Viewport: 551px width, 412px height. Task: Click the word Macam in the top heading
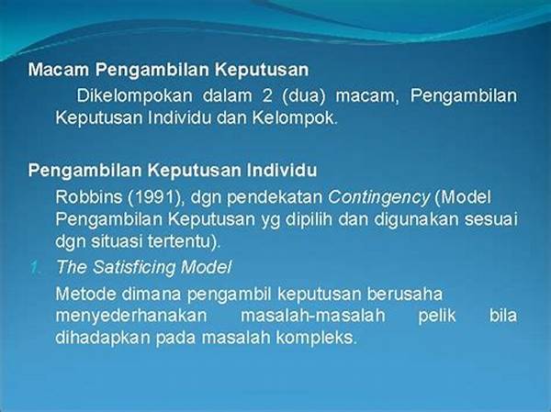click(x=59, y=70)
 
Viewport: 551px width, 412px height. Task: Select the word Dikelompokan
click(x=135, y=95)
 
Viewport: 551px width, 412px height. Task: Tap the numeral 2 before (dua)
click(x=267, y=95)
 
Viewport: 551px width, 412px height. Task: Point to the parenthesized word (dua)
click(x=304, y=95)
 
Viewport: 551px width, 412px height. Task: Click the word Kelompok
click(x=295, y=118)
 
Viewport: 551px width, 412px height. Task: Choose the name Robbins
click(x=88, y=197)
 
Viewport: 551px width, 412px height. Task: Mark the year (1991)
click(x=156, y=197)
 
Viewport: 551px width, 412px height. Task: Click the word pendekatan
click(x=275, y=197)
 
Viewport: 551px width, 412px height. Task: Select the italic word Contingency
click(x=378, y=198)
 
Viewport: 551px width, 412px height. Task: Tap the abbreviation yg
click(x=270, y=220)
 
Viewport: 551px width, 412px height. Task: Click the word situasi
click(x=117, y=241)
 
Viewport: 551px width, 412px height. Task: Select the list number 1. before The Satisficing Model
click(x=35, y=268)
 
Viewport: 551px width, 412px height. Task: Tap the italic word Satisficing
click(x=134, y=268)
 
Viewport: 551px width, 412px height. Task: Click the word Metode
click(x=85, y=294)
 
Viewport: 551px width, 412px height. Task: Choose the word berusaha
click(x=405, y=294)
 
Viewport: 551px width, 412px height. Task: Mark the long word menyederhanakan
click(x=131, y=316)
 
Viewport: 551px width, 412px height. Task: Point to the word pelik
click(x=437, y=316)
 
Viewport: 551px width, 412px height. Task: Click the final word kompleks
click(x=316, y=338)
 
